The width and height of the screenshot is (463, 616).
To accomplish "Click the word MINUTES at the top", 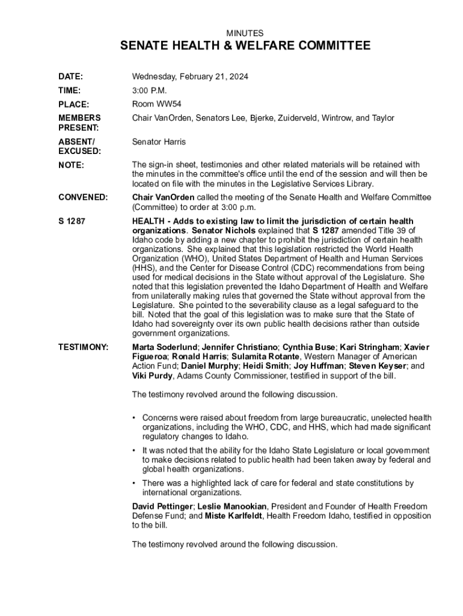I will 244,33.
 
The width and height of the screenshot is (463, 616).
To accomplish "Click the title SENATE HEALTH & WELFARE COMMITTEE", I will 245,46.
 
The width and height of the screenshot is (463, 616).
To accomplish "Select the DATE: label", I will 70,77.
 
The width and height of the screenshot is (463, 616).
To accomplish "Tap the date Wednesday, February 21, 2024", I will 190,77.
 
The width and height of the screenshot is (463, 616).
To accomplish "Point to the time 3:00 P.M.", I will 150,90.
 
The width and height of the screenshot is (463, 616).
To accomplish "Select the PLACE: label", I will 73,104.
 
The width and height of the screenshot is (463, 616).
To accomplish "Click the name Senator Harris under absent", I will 159,142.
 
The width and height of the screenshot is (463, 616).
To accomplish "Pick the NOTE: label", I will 70,165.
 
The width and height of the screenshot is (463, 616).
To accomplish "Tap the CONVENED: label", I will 83,197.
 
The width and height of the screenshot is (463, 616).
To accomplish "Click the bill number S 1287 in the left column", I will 72,221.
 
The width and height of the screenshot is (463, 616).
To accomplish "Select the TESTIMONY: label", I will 83,347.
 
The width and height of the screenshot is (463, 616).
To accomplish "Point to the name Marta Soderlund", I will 164,347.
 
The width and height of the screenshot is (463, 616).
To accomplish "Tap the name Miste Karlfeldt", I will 233,516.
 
